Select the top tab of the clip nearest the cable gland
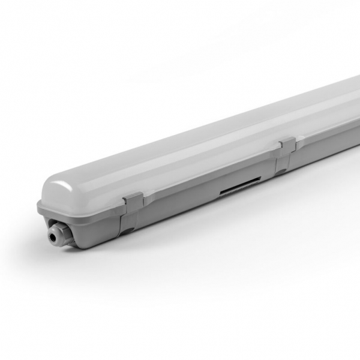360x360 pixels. (133, 200)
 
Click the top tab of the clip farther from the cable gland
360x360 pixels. (287, 144)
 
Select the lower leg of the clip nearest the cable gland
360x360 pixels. (127, 225)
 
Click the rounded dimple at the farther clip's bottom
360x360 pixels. (280, 171)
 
